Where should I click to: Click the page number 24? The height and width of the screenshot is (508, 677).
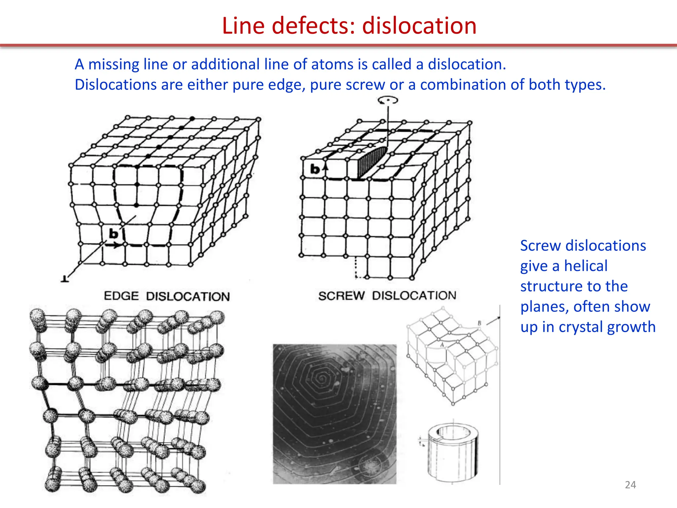coord(630,485)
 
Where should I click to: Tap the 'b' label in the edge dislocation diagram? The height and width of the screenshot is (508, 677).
coord(113,234)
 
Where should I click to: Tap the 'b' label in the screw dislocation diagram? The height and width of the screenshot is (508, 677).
coord(315,169)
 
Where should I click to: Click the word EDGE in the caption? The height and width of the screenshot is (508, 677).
coord(121,296)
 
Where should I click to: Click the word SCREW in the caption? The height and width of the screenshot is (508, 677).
coord(341,295)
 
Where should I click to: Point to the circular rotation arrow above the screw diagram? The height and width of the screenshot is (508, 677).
coord(388,100)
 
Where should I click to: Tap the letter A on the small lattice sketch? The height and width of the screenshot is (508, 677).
coord(442,345)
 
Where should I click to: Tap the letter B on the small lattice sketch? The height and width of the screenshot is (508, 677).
coord(479,323)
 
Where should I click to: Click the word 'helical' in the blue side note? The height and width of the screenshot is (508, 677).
coord(585,266)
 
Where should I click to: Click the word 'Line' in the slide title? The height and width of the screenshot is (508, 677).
coord(243,26)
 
